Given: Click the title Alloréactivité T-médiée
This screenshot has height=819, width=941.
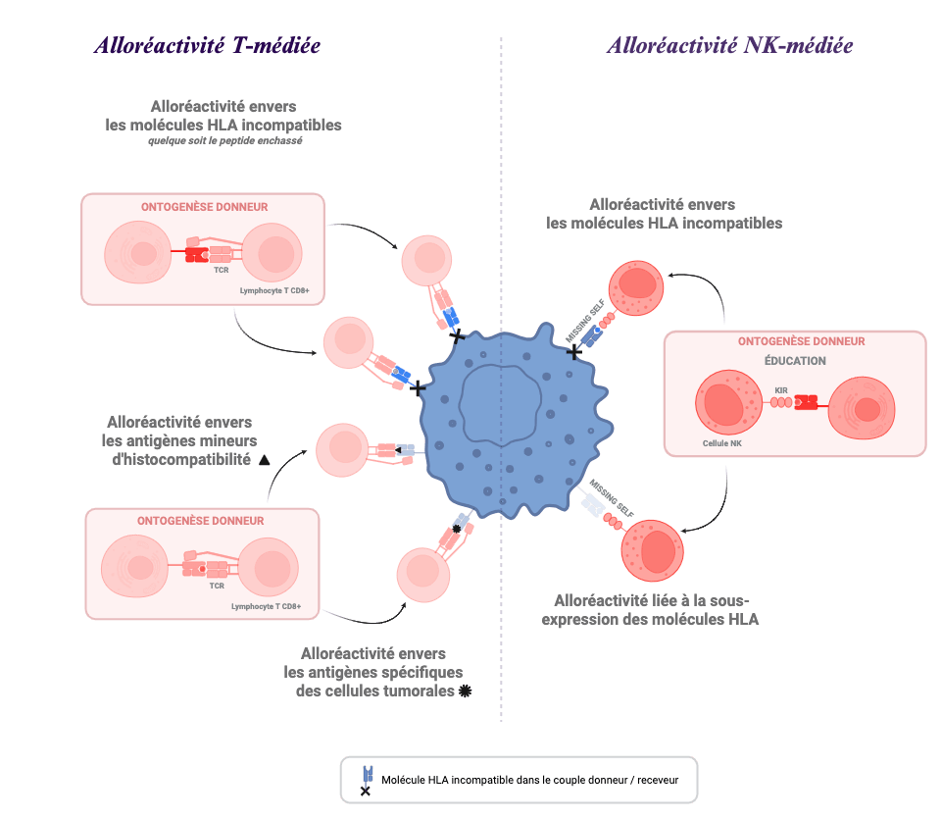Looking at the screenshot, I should (x=207, y=46).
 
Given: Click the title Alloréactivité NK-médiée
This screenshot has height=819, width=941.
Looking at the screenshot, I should (x=729, y=46).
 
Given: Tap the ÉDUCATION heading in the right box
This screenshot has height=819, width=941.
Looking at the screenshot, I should (x=794, y=361).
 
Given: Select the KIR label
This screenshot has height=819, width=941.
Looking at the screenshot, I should (x=781, y=390).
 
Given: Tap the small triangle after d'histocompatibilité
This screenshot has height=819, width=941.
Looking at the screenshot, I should (x=265, y=460).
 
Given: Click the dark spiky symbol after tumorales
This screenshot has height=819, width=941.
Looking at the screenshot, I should (x=465, y=691).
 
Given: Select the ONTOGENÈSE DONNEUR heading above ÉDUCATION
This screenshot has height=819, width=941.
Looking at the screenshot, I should (x=794, y=341).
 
